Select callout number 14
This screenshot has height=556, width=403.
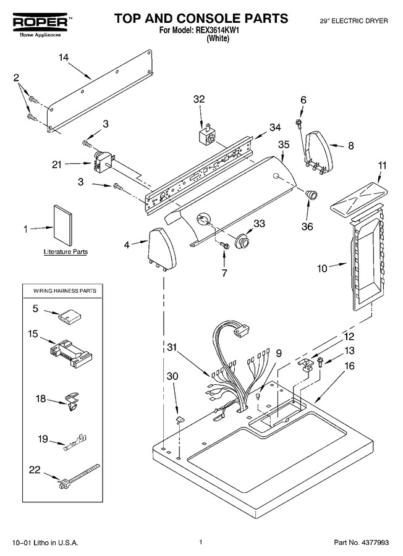(x=64, y=57)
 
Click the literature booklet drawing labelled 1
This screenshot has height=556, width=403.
(x=63, y=226)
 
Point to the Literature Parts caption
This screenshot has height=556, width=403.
(x=66, y=252)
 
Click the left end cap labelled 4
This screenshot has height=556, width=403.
(x=162, y=250)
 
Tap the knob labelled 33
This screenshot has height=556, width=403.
(x=243, y=241)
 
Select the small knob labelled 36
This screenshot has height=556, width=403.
(x=312, y=195)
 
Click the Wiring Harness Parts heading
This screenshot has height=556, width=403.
(x=65, y=291)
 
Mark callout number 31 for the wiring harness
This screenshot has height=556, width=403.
(x=172, y=347)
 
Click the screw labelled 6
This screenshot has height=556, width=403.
(x=299, y=123)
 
